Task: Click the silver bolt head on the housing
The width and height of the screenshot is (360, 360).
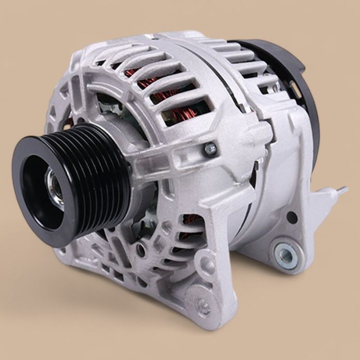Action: click(210, 149)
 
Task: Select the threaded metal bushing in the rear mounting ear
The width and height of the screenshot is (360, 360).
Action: click(284, 253)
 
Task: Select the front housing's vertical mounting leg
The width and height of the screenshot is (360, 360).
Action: click(221, 242)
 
